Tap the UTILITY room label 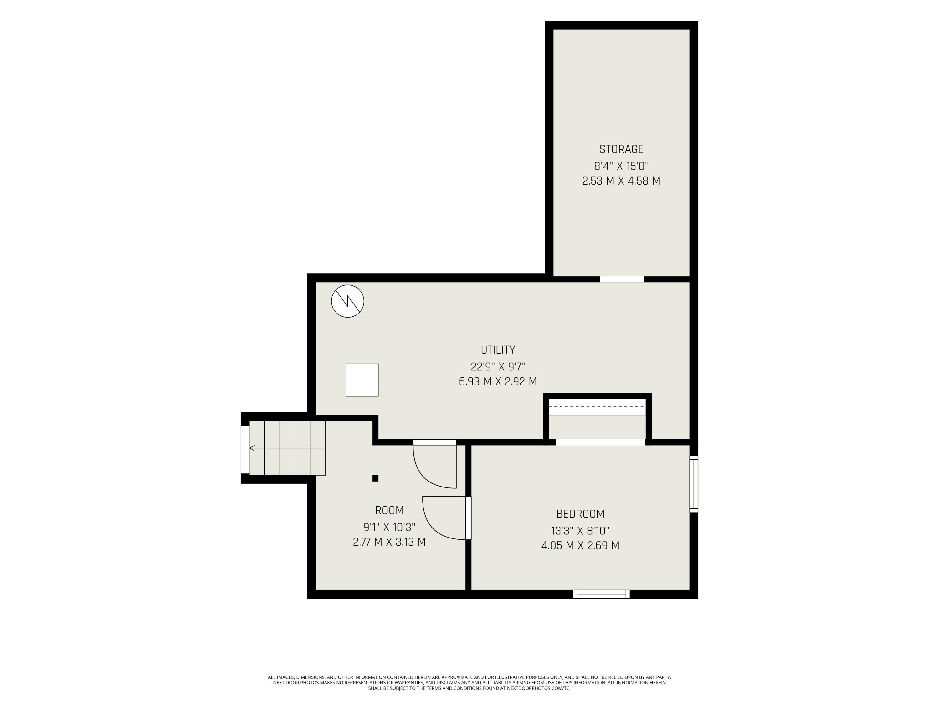coord(498,350)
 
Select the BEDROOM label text coord(580,514)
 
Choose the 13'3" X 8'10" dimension coord(580,530)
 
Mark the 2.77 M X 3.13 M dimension coord(389,542)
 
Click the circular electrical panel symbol coord(348,301)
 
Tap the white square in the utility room coord(362,380)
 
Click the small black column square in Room coord(375,478)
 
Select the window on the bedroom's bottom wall coord(601,594)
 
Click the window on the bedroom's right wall coord(694,484)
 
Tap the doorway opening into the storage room coord(622,279)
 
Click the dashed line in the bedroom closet coord(597,407)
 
